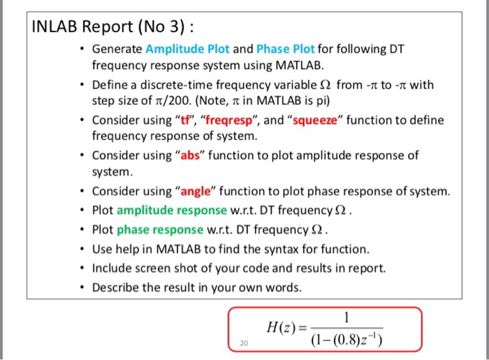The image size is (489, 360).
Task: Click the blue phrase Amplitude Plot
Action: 187,50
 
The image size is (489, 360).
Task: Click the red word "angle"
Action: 202,190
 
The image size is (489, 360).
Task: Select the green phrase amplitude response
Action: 167,210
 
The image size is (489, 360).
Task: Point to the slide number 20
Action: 243,343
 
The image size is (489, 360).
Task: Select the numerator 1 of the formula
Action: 348,316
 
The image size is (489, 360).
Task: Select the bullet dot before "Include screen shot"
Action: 83,268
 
